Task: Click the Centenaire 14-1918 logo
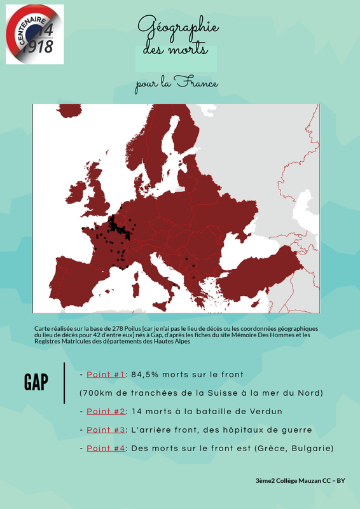35,34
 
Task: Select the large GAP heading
36,382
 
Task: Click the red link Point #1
106,374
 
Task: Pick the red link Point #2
106,411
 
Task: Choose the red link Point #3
106,430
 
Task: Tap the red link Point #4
106,449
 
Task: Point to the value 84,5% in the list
146,374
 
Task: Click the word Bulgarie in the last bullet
308,449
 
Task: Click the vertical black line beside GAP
64,382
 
